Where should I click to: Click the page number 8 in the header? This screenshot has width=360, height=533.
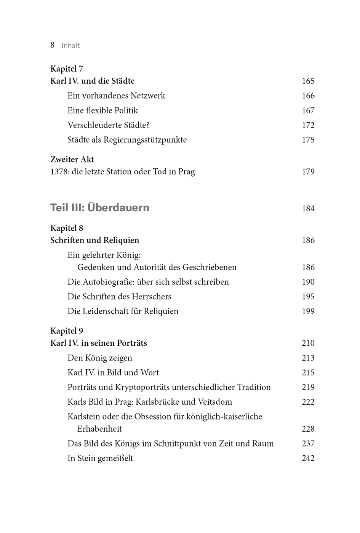click(x=53, y=45)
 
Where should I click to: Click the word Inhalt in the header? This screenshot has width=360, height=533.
click(x=71, y=45)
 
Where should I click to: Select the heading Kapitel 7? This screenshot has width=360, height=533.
click(x=67, y=69)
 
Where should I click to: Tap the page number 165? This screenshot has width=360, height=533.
click(x=308, y=81)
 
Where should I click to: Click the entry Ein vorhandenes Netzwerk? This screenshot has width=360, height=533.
click(x=116, y=96)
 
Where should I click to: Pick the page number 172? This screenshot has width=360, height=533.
click(x=308, y=125)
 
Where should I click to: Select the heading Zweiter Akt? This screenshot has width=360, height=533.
click(x=72, y=160)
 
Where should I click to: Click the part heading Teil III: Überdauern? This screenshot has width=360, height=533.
click(x=100, y=208)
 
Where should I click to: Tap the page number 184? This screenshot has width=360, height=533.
click(x=308, y=209)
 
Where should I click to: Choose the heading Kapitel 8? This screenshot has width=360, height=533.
click(x=67, y=228)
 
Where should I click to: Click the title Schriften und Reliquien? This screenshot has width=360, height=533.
click(x=95, y=241)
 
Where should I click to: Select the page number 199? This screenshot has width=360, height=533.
click(x=308, y=311)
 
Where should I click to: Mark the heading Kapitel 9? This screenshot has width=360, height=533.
click(x=67, y=331)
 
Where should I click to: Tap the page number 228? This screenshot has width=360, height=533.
click(x=308, y=429)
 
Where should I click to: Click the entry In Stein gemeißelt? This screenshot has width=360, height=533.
click(x=100, y=458)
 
